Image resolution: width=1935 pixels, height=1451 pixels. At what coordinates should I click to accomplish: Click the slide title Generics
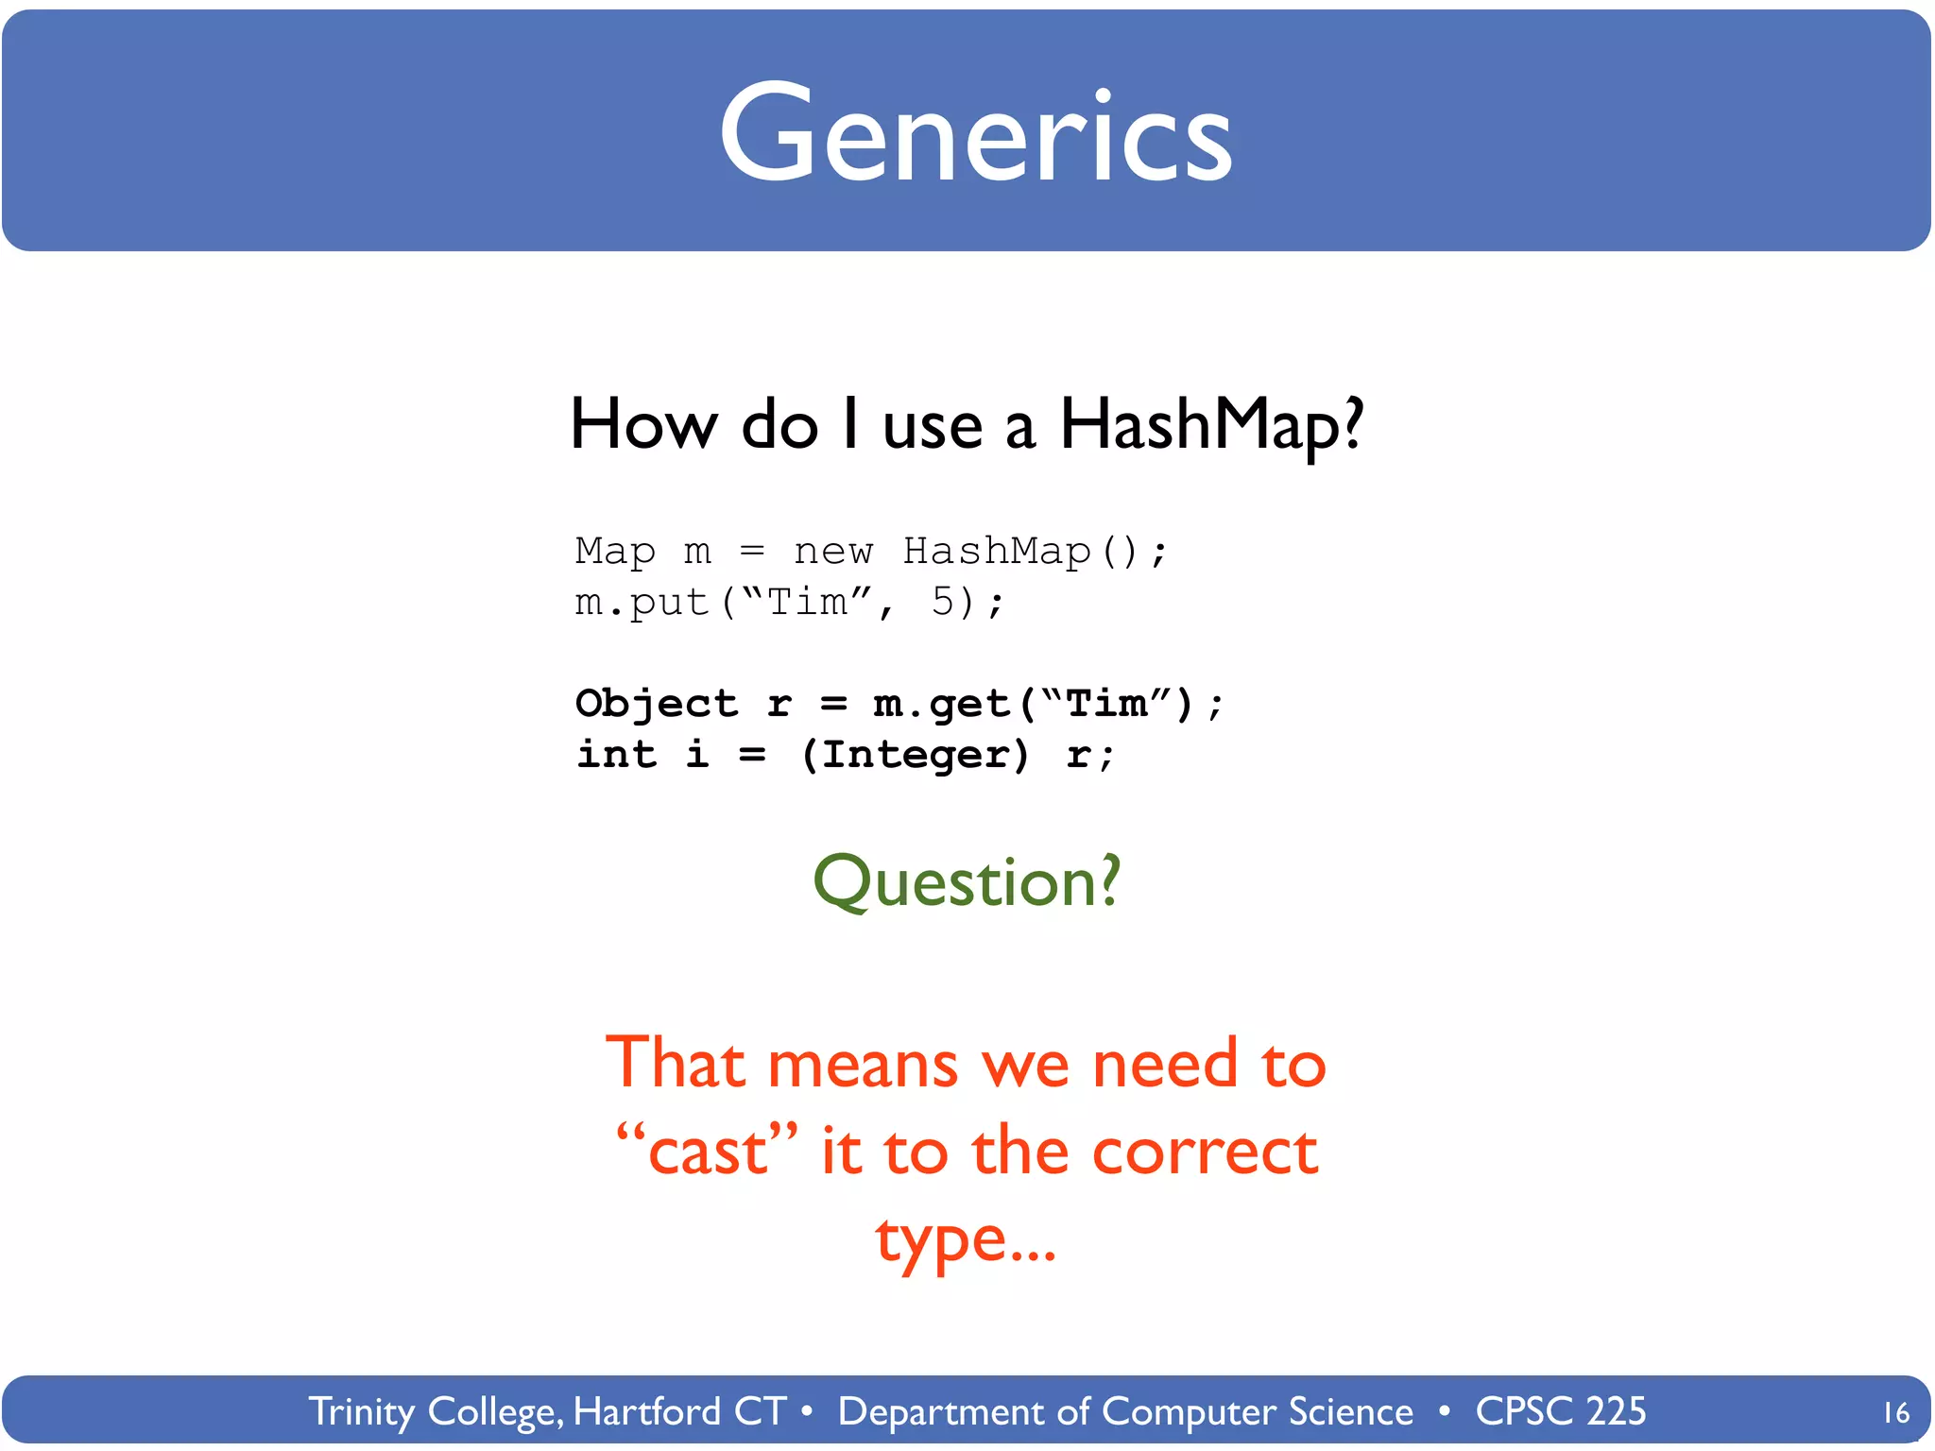point(975,134)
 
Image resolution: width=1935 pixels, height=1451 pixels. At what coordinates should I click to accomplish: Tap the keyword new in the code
point(833,552)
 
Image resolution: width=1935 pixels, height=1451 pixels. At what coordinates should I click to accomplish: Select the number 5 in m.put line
point(943,602)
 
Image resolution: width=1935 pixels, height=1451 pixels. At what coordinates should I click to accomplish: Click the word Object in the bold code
point(657,704)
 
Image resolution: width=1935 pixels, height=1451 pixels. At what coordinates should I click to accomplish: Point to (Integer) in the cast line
point(915,755)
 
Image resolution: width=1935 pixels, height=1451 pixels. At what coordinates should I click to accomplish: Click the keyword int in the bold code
point(616,755)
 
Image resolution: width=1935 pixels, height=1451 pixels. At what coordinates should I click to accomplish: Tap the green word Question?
point(967,881)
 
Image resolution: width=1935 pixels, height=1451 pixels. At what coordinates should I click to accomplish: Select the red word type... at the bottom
point(966,1239)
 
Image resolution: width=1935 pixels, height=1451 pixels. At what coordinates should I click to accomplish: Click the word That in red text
point(675,1064)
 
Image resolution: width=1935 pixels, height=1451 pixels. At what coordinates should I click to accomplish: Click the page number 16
point(1894,1413)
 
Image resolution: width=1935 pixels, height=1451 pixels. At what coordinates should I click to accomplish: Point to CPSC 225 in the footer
point(1560,1411)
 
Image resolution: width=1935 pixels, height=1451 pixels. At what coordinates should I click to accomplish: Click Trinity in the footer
point(361,1411)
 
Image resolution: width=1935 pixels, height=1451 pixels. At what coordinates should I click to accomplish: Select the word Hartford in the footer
point(647,1411)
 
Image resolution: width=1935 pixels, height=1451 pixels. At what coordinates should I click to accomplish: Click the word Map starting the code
point(615,552)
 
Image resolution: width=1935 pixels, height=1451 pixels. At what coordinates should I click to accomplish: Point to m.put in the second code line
point(642,603)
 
